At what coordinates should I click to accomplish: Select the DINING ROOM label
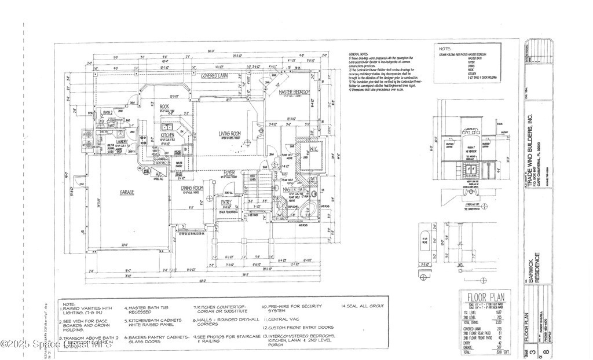pyautogui.click(x=191, y=188)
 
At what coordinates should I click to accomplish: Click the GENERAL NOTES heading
pyautogui.click(x=358, y=53)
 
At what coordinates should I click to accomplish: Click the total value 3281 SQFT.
pyautogui.click(x=495, y=351)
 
